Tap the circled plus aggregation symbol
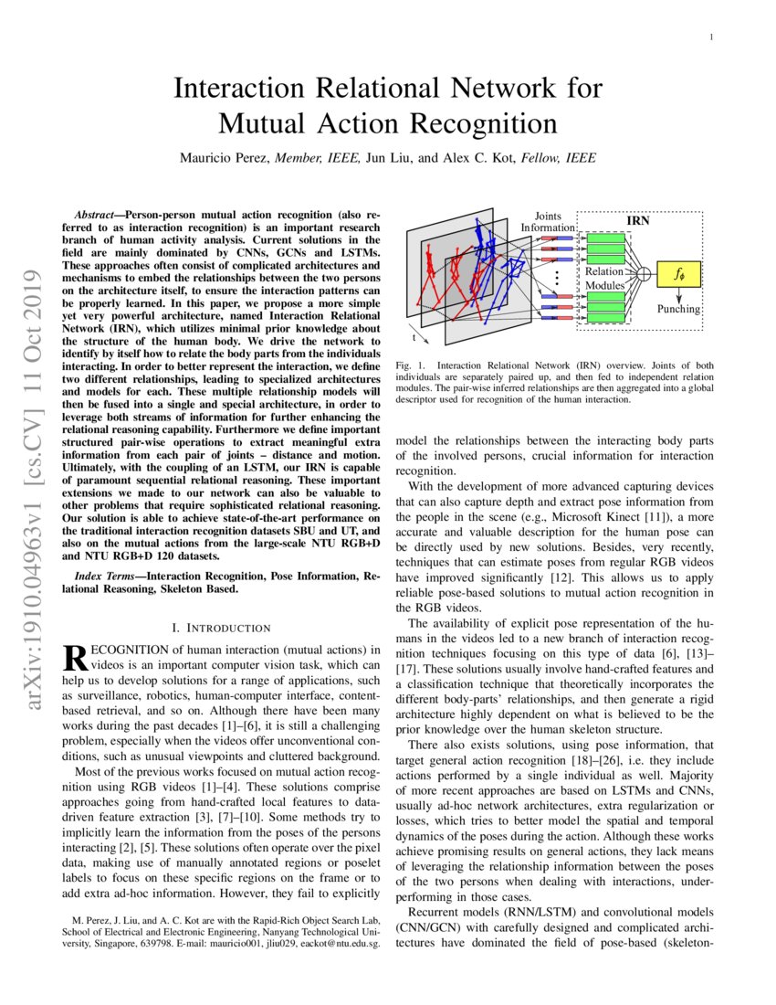pos(644,272)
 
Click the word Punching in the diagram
pos(678,309)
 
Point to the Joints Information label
pos(548,221)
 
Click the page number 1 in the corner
pos(711,37)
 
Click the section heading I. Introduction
pos(221,628)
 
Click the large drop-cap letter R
pos(73,658)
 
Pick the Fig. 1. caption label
pos(408,366)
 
